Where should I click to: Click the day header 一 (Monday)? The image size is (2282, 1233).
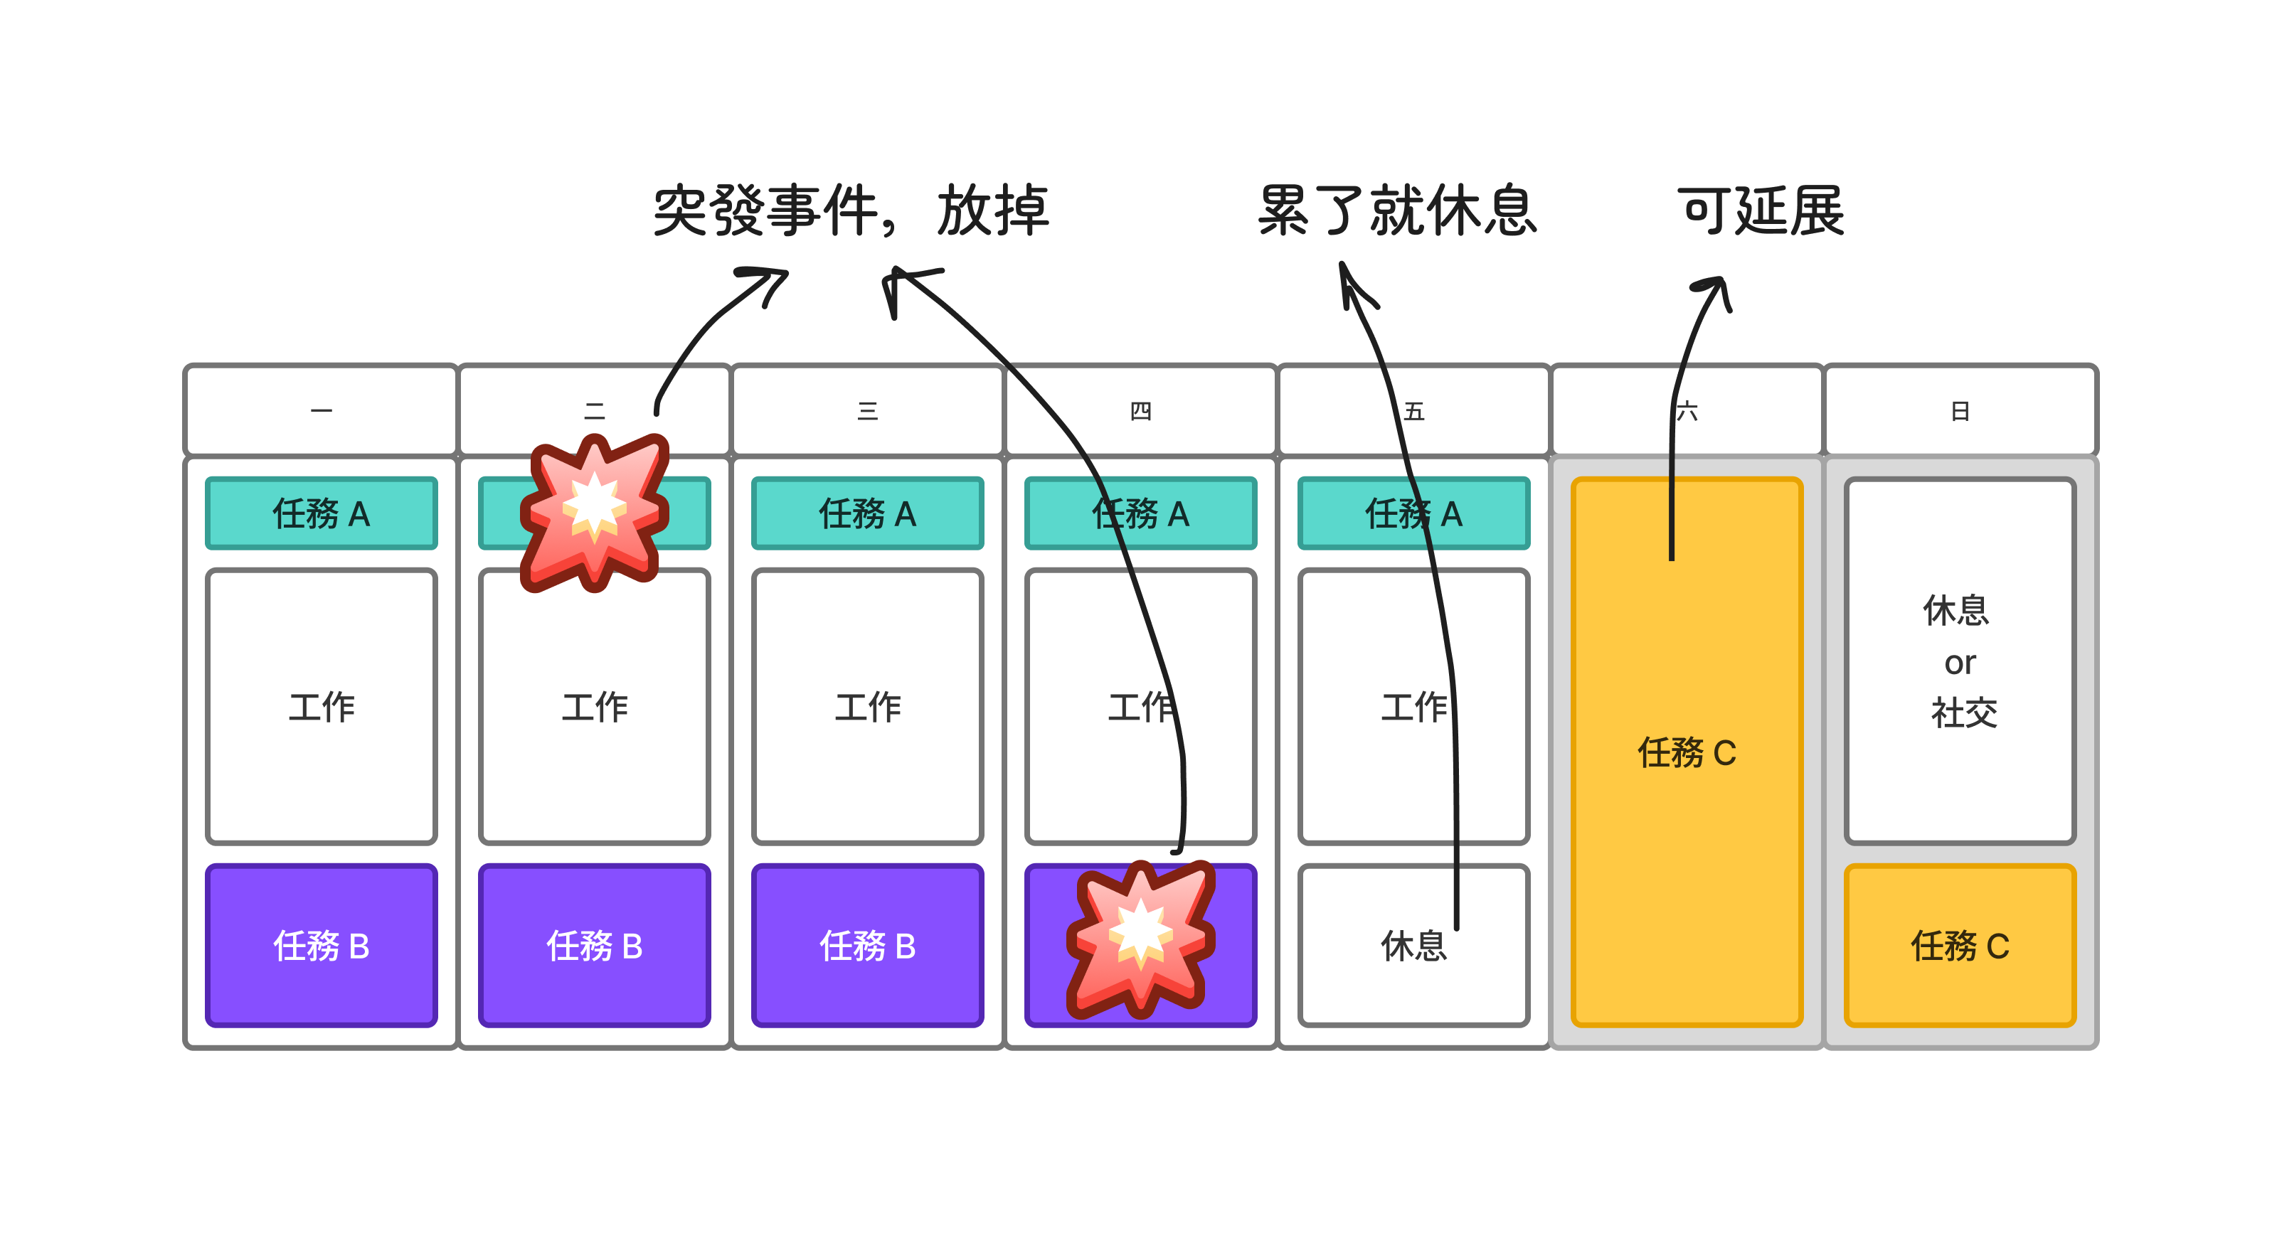click(x=321, y=411)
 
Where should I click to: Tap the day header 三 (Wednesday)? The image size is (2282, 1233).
click(x=867, y=411)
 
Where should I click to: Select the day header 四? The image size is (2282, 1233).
click(x=1140, y=411)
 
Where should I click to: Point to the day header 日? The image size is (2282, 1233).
click(x=1960, y=411)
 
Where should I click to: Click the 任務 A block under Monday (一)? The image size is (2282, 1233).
click(x=321, y=513)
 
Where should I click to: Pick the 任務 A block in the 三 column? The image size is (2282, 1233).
click(x=867, y=513)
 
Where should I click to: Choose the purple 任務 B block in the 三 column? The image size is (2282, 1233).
click(x=867, y=946)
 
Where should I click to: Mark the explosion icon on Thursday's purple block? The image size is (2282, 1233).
click(x=1140, y=939)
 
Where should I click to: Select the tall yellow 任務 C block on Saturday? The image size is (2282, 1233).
click(x=1687, y=753)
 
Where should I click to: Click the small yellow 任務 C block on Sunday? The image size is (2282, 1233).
click(x=1960, y=946)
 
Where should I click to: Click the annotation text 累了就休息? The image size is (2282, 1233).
click(x=1397, y=210)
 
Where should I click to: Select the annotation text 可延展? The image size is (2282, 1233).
click(x=1761, y=210)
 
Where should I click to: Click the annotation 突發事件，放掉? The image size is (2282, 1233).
click(x=851, y=210)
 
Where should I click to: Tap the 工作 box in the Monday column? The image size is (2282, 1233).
click(x=321, y=707)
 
